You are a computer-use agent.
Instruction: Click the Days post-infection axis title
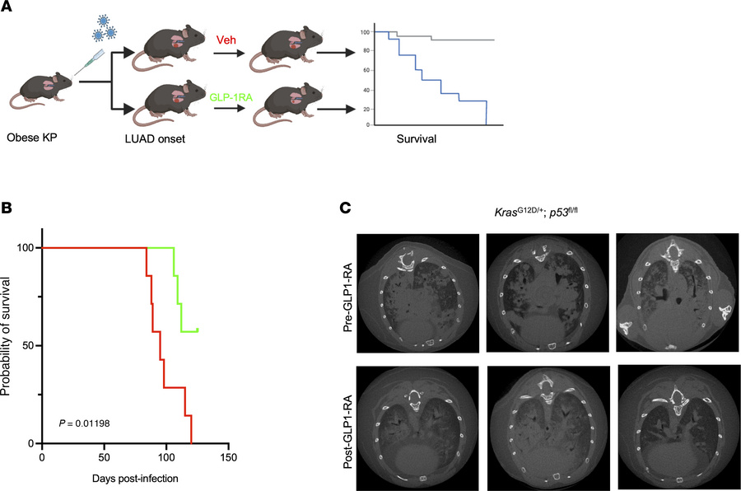[x=135, y=477]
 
